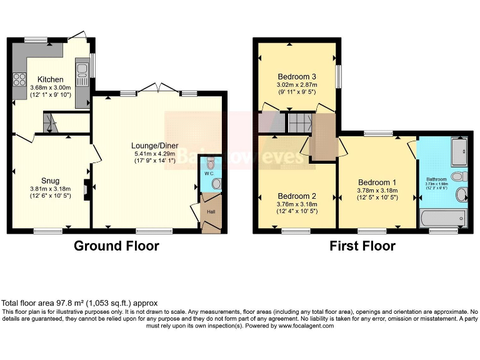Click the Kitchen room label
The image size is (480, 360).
(x=50, y=79)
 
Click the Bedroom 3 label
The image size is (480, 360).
(x=297, y=77)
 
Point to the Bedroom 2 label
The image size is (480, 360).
(x=297, y=194)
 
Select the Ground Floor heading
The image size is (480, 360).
(x=116, y=246)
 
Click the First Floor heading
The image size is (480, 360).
(x=362, y=246)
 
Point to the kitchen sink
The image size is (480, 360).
(x=82, y=73)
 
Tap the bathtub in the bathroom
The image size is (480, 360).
(x=443, y=218)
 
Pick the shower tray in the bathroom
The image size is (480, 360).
(x=459, y=149)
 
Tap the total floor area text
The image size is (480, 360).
(x=80, y=302)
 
